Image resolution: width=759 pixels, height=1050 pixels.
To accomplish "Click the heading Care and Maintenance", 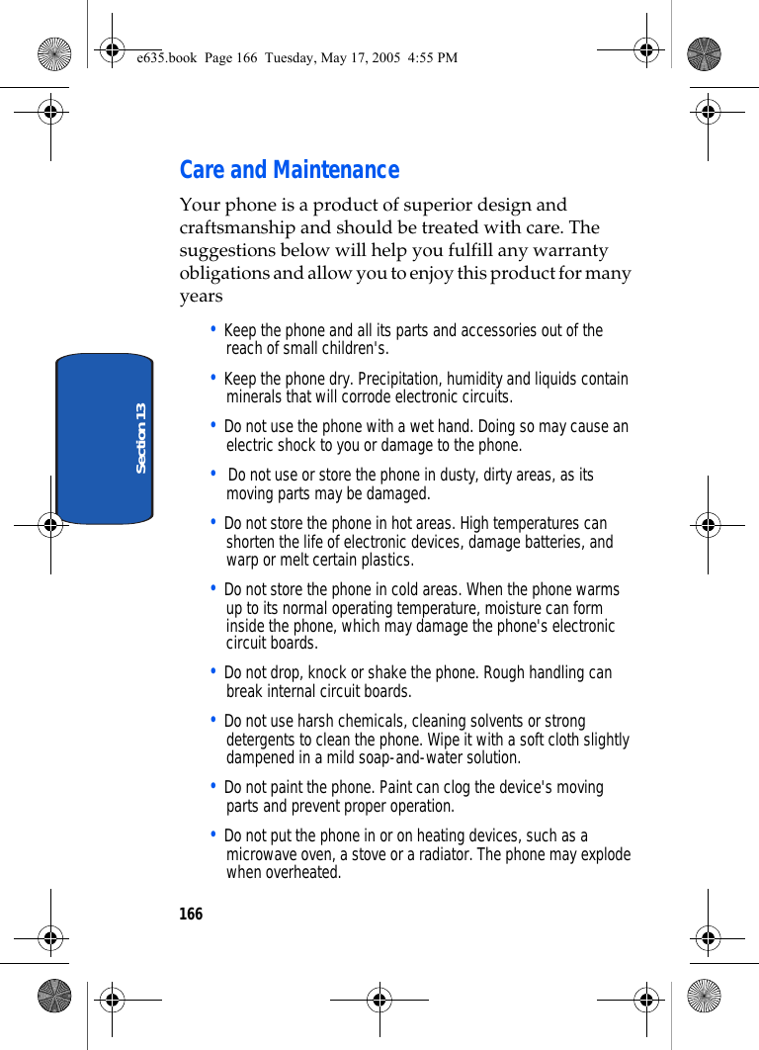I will click(x=289, y=170).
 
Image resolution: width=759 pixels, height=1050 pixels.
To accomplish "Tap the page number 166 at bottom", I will click(x=191, y=915).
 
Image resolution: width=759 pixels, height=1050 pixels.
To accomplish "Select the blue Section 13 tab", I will click(x=105, y=438).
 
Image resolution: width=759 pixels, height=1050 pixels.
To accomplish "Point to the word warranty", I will click(x=571, y=250).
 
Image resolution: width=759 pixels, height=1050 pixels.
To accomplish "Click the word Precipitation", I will click(x=399, y=379).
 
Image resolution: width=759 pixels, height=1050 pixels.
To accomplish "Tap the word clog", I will click(x=483, y=788).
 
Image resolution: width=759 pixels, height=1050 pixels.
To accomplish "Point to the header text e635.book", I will click(x=167, y=57).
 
